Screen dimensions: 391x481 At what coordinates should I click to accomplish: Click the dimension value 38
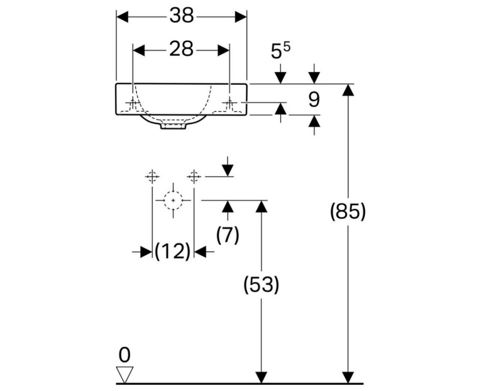(x=181, y=16)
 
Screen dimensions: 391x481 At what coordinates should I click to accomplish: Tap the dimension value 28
(x=181, y=49)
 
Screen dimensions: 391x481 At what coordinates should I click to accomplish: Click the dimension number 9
(x=314, y=100)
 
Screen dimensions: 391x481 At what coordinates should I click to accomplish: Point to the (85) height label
(x=348, y=212)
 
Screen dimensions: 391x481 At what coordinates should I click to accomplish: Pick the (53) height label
(x=261, y=285)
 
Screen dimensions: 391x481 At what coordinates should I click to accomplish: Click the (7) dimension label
(x=227, y=234)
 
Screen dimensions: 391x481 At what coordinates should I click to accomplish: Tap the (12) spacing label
(x=173, y=251)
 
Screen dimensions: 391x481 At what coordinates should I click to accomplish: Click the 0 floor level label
(x=124, y=354)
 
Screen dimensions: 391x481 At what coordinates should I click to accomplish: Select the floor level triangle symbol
(x=124, y=374)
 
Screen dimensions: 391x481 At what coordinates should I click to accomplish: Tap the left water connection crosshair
(x=152, y=176)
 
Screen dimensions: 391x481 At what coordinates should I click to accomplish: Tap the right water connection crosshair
(x=193, y=176)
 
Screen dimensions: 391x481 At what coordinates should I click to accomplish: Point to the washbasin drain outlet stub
(x=173, y=127)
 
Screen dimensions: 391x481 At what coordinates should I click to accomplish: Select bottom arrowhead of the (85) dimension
(x=348, y=378)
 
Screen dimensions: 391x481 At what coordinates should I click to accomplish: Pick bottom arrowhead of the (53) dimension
(x=261, y=378)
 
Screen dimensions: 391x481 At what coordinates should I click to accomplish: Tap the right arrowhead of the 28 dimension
(x=224, y=49)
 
